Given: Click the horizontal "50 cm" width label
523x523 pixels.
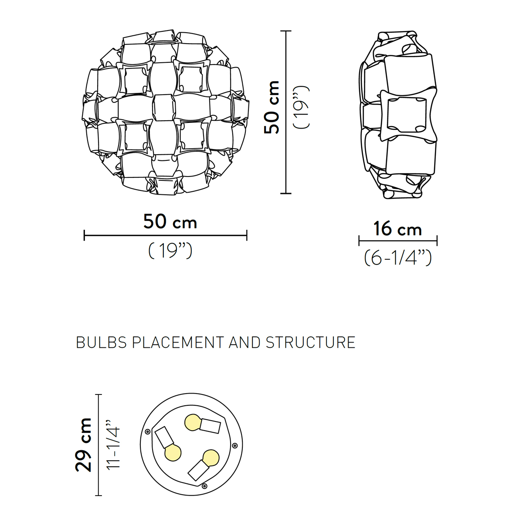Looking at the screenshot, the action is (x=170, y=222).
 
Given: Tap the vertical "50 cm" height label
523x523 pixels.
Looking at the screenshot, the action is (x=272, y=107).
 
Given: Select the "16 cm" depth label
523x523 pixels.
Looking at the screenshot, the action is (x=397, y=229).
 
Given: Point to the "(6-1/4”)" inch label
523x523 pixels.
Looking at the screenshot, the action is (x=398, y=258).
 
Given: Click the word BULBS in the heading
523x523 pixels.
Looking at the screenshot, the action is (x=101, y=343).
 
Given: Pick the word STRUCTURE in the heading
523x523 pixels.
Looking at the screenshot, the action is (x=310, y=343).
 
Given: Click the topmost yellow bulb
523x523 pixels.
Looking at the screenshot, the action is (x=193, y=422).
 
